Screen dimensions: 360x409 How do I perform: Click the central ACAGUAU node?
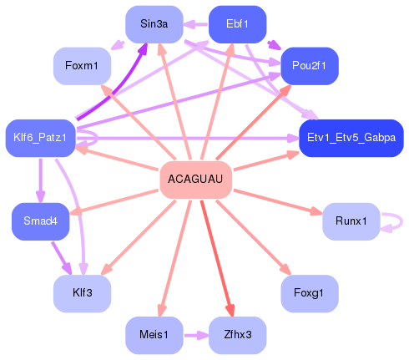click(x=195, y=179)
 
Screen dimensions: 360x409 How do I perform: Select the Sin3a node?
click(x=154, y=24)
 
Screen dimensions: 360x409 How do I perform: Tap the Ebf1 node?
click(x=237, y=24)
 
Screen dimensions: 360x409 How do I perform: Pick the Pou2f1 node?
click(x=310, y=64)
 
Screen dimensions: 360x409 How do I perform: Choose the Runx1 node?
click(x=351, y=221)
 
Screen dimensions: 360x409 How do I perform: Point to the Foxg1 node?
click(x=310, y=293)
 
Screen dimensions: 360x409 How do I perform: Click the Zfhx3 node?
click(x=237, y=334)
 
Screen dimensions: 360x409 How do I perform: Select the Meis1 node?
click(x=154, y=334)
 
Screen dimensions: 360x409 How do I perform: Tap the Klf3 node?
click(x=82, y=293)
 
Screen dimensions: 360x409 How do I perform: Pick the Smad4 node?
click(x=40, y=221)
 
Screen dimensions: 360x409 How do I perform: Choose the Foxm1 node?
click(x=82, y=64)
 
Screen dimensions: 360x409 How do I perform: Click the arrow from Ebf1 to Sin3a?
click(x=196, y=24)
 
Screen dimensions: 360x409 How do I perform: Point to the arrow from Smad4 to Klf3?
click(x=61, y=257)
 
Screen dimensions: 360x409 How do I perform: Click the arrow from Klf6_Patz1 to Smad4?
click(x=40, y=179)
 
